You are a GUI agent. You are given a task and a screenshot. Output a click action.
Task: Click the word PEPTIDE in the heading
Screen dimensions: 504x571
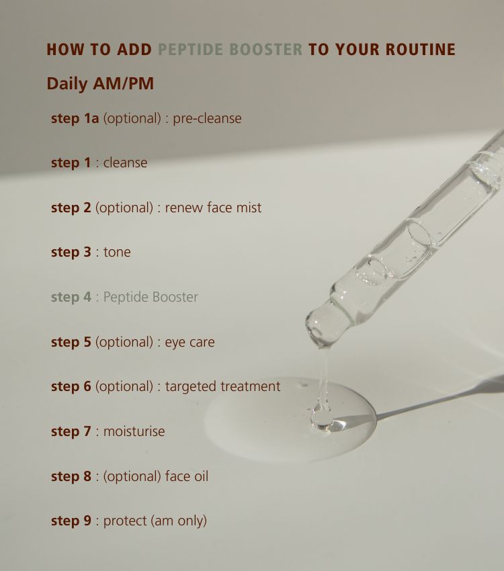(x=190, y=50)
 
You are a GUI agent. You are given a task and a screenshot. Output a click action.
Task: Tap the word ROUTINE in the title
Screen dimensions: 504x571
(x=421, y=50)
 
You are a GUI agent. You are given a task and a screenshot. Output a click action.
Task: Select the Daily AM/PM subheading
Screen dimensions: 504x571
(x=100, y=83)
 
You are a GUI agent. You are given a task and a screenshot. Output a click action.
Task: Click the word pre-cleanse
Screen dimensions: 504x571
(x=207, y=118)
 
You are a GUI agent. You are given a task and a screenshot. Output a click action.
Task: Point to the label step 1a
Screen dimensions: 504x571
(x=75, y=118)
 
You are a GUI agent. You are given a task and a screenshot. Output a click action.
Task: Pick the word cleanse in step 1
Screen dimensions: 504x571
(x=125, y=163)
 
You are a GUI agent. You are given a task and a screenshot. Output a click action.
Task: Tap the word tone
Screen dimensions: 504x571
(x=117, y=252)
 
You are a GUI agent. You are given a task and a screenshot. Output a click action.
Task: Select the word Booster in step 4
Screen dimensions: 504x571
(x=175, y=297)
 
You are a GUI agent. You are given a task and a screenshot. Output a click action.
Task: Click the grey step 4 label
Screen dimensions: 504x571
(x=71, y=297)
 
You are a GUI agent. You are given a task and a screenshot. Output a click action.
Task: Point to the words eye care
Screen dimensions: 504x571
(x=190, y=343)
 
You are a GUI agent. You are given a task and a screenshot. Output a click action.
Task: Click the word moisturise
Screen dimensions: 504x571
(x=134, y=431)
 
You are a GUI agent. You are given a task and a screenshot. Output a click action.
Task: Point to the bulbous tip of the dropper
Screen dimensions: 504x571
(x=327, y=325)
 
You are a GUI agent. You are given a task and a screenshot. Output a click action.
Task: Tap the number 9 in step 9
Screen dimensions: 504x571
(x=87, y=521)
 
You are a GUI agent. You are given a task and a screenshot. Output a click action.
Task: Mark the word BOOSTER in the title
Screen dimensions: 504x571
(x=266, y=50)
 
